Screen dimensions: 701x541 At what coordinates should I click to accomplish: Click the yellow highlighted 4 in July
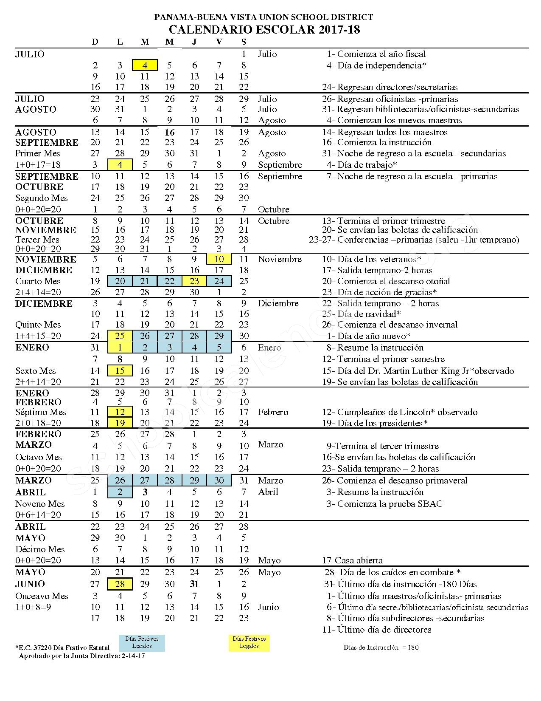pos(145,65)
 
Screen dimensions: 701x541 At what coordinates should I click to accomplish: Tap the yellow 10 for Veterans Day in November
pos(219,259)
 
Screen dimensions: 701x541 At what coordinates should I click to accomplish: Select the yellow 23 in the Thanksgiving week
pos(194,281)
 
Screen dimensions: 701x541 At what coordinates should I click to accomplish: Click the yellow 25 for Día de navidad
pos(120,336)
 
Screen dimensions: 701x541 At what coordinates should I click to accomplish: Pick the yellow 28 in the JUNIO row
pos(120,584)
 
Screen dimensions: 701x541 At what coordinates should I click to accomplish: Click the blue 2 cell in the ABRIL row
pos(120,492)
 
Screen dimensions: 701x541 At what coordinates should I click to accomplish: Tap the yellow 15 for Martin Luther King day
pos(120,370)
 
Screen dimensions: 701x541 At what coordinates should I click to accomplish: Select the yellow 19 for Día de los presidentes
pos(120,423)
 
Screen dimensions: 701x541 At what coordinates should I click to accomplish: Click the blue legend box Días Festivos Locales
pos(142,642)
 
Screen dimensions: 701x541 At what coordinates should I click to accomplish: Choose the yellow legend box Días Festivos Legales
pos(249,642)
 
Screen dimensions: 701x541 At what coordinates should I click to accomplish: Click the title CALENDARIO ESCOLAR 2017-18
pos(264,29)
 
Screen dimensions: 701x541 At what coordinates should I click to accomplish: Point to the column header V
pos(219,42)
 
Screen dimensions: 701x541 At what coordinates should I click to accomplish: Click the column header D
pos(95,42)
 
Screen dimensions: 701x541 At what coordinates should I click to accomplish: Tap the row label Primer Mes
pos(37,153)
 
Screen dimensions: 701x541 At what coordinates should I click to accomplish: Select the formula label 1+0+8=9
pos(33,607)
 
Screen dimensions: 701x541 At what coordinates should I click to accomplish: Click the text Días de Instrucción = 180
pos(381,647)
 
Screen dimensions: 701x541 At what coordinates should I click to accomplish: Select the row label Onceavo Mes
pos(42,596)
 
